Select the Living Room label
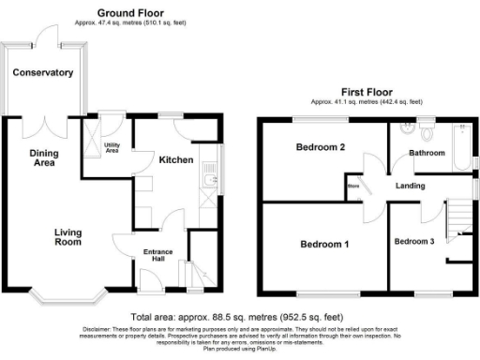(x=67, y=237)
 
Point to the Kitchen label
(x=175, y=160)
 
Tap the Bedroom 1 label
(x=324, y=246)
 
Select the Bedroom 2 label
(x=322, y=148)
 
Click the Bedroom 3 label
(x=413, y=242)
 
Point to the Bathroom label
(x=426, y=152)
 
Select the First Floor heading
(x=366, y=92)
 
